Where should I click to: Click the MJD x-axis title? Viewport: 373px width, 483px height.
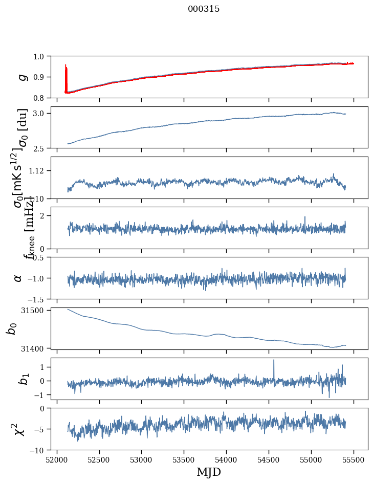pos(209,472)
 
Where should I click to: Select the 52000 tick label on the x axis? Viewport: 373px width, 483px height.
pos(57,460)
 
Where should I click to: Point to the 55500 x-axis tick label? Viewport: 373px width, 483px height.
pos(354,460)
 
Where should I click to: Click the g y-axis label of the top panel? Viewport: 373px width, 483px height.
pos(21,77)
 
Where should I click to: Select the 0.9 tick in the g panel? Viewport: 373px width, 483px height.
pos(39,77)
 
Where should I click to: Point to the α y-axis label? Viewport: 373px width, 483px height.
pos(18,278)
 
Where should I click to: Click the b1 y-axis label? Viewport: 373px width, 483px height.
pos(21,379)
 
